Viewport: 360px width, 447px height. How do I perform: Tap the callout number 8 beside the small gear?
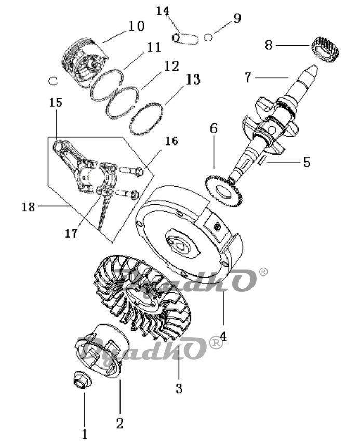click(269, 45)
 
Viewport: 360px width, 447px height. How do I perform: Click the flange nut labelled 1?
click(82, 379)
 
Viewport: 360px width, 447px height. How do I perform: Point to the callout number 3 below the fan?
click(179, 388)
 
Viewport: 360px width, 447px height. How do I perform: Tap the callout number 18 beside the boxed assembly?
click(28, 207)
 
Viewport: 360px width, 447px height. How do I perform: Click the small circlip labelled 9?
click(208, 37)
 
